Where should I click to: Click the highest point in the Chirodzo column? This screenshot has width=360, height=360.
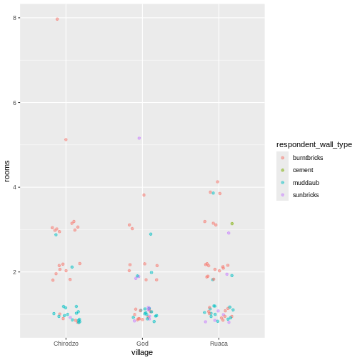coord(57,19)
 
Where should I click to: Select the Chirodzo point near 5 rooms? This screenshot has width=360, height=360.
coord(66,139)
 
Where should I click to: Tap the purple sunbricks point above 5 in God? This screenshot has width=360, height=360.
coord(139,138)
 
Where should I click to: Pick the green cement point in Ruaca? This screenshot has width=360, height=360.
coord(231,224)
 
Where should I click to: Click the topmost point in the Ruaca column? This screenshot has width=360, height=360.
coord(217,181)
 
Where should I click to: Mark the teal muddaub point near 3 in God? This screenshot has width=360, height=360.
coord(151,234)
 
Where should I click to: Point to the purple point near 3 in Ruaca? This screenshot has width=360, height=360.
coord(229,233)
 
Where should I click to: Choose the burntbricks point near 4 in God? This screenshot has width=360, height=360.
coord(144,195)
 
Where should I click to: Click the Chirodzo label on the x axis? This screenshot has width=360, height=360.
coord(66,344)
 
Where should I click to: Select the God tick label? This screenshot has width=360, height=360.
coord(142,344)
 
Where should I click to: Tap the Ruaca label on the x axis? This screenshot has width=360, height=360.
coord(219,344)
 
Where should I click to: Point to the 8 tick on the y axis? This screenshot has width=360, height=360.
coord(14,18)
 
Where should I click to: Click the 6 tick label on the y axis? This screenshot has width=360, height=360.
coord(14,103)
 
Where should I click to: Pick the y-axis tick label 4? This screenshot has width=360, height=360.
coord(14,187)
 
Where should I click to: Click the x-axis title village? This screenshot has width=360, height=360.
coord(142,353)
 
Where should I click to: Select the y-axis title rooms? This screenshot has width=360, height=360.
coord(6,170)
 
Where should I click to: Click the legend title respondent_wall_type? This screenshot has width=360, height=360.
coord(314,144)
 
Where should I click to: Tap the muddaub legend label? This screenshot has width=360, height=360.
coord(306,182)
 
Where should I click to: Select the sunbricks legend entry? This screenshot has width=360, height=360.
coord(306,194)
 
